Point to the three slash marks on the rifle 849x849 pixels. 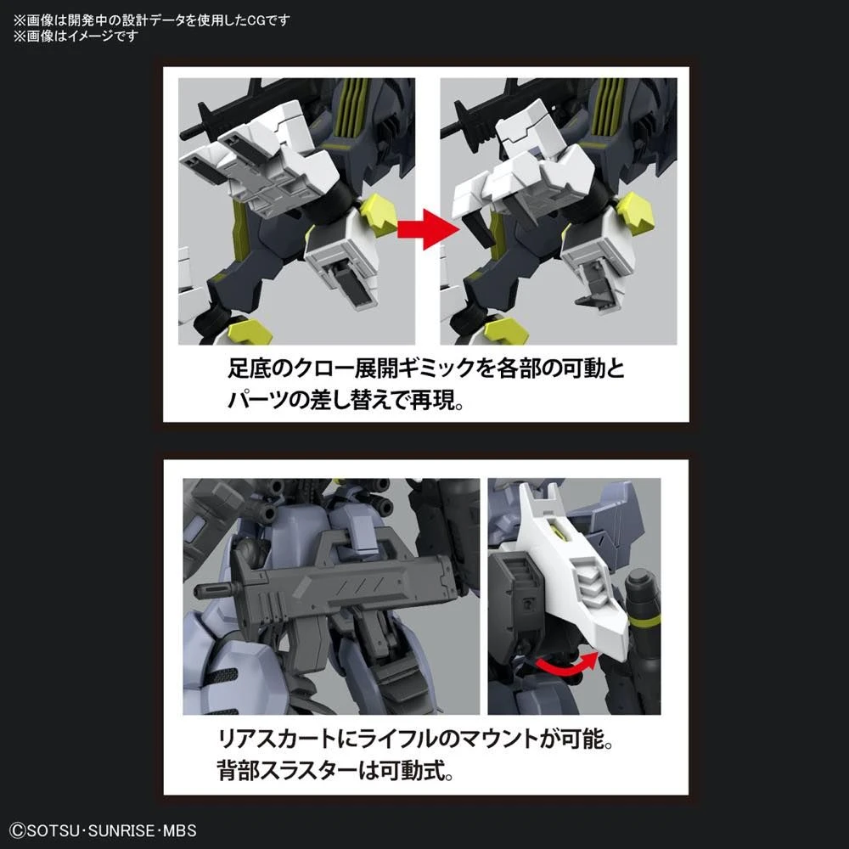pos(349,587)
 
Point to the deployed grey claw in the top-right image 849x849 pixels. pos(599,289)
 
